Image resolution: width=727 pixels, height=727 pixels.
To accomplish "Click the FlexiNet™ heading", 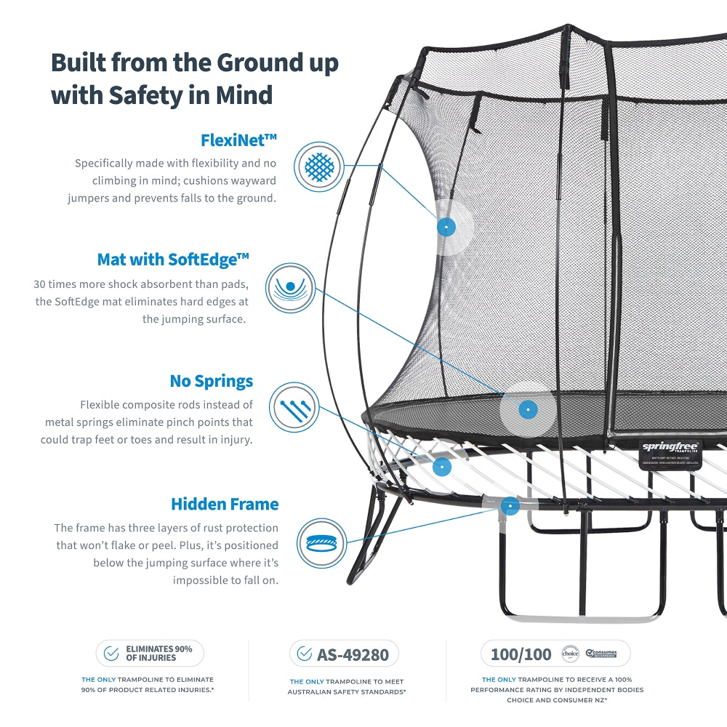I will click(x=238, y=140).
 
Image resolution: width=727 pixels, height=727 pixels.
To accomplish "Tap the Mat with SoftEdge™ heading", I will click(x=173, y=260).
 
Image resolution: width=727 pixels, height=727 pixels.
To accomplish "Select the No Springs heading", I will click(x=212, y=381).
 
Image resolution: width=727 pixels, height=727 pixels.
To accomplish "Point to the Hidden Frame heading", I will click(x=225, y=504).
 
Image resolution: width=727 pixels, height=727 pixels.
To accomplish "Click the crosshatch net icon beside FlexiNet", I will click(x=319, y=166).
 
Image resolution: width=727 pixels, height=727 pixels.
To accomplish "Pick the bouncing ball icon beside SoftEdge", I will click(x=290, y=288).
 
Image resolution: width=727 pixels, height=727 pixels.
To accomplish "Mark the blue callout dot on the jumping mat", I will click(x=529, y=410).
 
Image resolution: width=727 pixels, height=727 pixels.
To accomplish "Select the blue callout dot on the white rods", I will click(x=441, y=466).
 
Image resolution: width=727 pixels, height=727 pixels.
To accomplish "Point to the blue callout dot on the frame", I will click(x=510, y=507).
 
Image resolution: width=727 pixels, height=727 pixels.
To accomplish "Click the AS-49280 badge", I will click(x=343, y=654).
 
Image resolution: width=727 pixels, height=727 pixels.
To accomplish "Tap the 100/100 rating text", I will click(x=521, y=654).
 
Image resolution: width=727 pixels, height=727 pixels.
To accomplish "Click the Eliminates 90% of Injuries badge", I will click(x=150, y=654).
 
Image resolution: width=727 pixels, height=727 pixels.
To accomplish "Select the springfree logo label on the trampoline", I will click(x=670, y=447).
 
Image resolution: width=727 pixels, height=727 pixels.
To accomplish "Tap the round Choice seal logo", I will click(x=570, y=654).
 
